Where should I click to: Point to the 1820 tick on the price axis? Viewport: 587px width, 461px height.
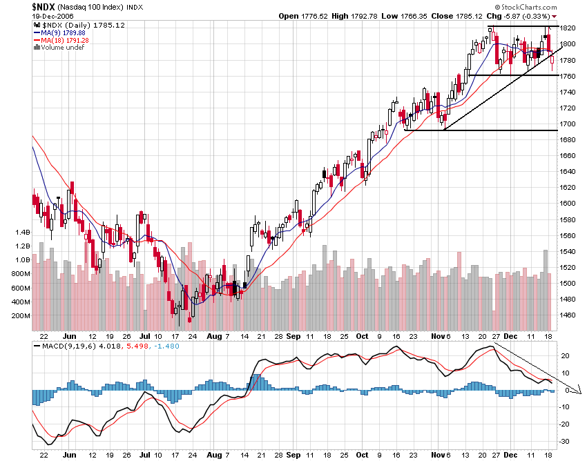(x=568, y=28)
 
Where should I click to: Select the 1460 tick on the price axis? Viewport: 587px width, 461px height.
(x=568, y=315)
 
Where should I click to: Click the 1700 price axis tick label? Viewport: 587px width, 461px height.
(x=568, y=124)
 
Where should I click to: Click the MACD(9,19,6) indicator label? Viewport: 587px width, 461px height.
(x=65, y=345)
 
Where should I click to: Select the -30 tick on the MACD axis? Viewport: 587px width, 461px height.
(x=565, y=442)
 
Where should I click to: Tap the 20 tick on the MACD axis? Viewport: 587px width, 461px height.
(x=564, y=356)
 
